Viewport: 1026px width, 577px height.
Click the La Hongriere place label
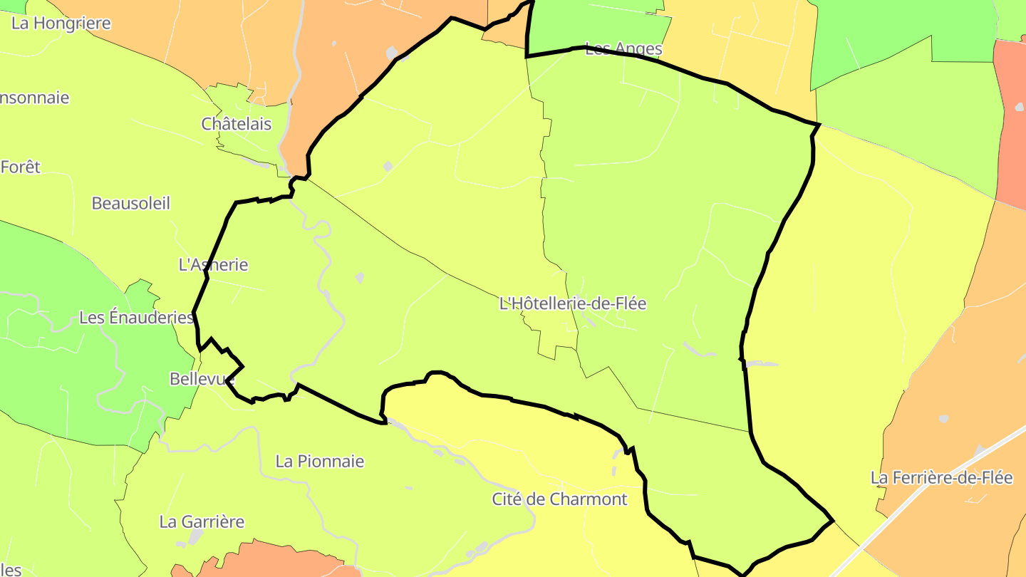click(61, 24)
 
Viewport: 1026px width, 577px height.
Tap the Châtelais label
click(237, 124)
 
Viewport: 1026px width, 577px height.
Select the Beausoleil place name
click(131, 203)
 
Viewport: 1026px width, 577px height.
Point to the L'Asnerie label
click(213, 265)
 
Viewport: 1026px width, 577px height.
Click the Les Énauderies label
click(136, 317)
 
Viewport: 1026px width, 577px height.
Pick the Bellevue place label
click(202, 379)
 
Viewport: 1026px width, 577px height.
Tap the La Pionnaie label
click(320, 462)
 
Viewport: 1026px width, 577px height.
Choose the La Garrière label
click(202, 522)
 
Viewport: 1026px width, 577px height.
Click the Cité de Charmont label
click(560, 499)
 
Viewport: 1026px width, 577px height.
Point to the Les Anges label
click(623, 49)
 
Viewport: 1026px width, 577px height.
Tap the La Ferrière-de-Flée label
click(941, 478)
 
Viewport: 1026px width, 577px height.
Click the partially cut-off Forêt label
click(21, 167)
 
